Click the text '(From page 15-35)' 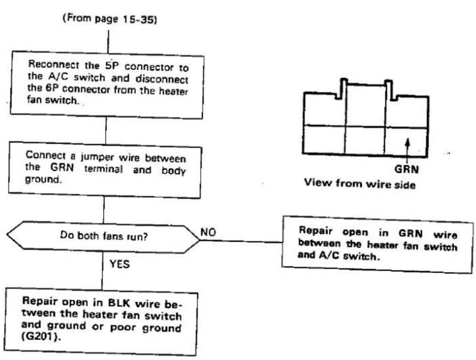[110, 19]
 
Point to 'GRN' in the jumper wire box [62, 167]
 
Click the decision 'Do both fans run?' [104, 236]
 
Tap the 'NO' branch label [208, 232]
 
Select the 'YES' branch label [120, 264]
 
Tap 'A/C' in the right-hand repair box [329, 255]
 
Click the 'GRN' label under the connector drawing [406, 169]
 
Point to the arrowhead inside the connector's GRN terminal [408, 141]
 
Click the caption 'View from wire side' [360, 184]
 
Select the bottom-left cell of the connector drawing [324, 140]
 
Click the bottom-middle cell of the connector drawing [365, 141]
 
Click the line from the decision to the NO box [241, 242]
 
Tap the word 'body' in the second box [173, 171]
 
